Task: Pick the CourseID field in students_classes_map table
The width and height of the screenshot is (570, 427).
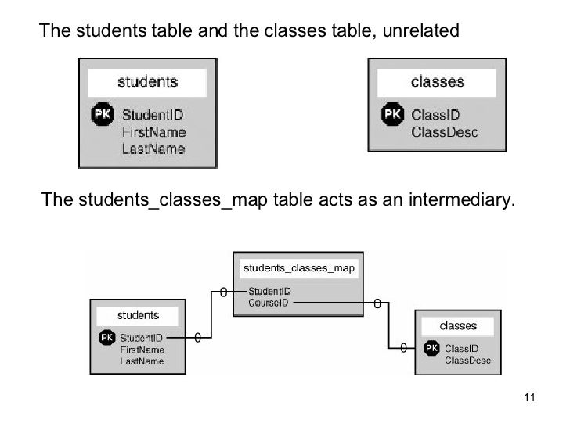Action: (x=268, y=303)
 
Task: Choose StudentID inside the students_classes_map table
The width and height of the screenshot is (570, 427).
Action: (x=269, y=292)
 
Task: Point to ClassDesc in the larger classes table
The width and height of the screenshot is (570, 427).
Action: (x=445, y=132)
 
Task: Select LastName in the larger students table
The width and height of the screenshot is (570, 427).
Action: (x=153, y=149)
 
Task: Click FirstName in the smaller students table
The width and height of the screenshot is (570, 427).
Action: (x=142, y=350)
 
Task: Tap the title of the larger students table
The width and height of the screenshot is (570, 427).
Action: (x=147, y=81)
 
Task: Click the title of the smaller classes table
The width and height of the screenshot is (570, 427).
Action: (x=458, y=325)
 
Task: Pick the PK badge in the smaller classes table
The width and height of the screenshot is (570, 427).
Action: (x=431, y=348)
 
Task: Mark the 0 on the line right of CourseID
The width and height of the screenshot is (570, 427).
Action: (x=377, y=303)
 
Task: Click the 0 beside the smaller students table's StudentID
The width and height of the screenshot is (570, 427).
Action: (x=197, y=338)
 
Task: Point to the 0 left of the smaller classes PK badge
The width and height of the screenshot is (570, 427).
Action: (x=403, y=348)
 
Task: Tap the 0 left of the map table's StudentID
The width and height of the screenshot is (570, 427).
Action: (x=223, y=292)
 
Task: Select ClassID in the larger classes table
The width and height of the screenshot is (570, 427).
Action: (x=435, y=115)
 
